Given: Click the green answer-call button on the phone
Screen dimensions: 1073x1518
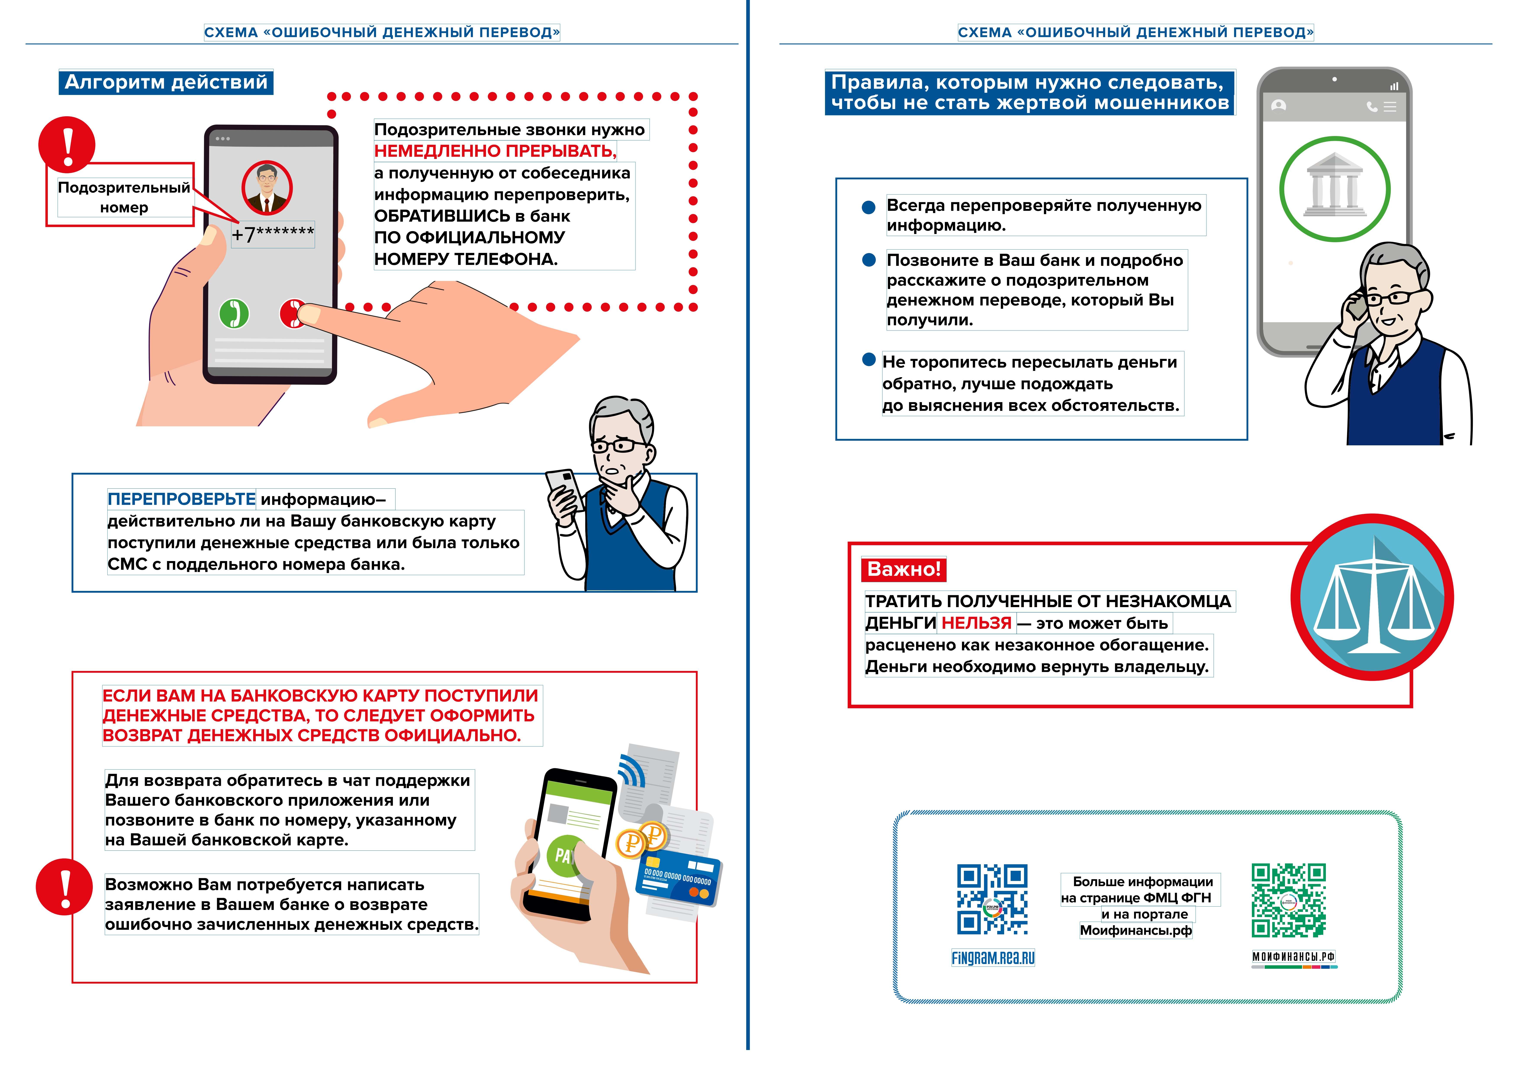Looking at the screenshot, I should pyautogui.click(x=234, y=313).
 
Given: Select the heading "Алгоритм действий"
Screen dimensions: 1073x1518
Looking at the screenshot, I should pyautogui.click(x=166, y=82).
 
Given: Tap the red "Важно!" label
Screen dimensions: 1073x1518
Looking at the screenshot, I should pyautogui.click(x=903, y=569).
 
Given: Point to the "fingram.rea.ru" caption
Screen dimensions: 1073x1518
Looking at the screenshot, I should pyautogui.click(x=993, y=958).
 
